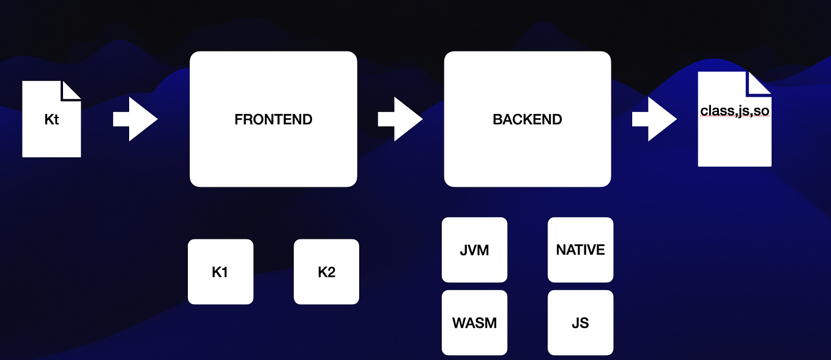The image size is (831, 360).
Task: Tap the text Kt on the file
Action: point(51,119)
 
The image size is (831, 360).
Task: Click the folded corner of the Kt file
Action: point(72,89)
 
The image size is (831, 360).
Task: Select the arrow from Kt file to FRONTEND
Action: point(135,119)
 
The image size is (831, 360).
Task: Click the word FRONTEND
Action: point(273,119)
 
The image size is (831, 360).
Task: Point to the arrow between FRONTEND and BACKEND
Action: point(400,119)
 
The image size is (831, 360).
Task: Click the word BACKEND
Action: point(527,119)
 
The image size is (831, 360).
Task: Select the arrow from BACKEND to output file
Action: point(654,119)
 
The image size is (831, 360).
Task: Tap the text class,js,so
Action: point(734,111)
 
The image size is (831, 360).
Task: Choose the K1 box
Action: point(220,271)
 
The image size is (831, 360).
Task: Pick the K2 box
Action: point(326,271)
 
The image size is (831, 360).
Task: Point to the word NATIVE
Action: point(580,250)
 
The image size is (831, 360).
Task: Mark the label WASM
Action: point(474,323)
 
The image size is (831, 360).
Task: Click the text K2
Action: point(326,272)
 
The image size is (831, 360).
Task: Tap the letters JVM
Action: point(474,250)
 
